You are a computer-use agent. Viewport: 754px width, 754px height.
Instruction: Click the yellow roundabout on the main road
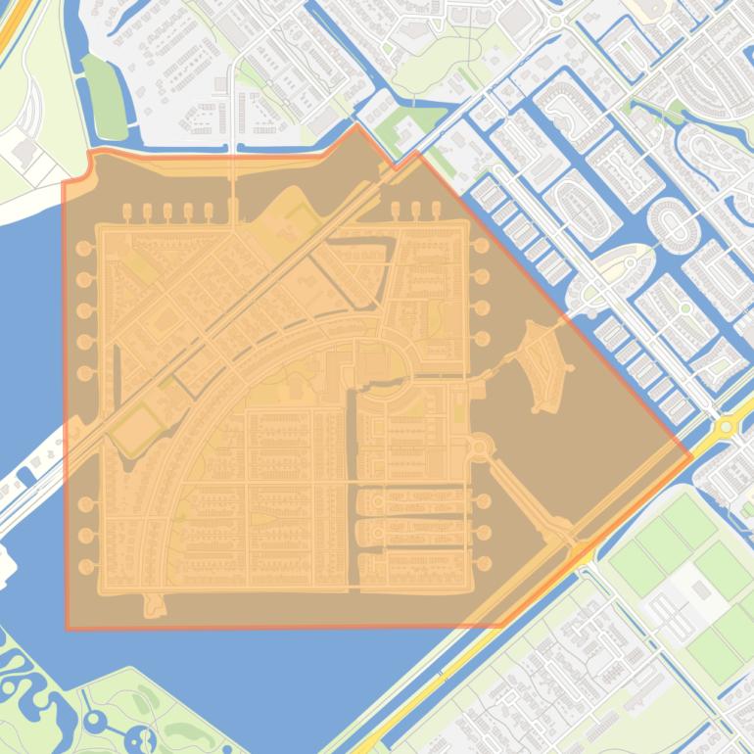tap(726, 425)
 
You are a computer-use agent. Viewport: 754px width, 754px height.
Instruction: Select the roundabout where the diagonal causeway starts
tap(481, 449)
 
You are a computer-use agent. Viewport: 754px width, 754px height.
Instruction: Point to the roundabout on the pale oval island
tap(633, 261)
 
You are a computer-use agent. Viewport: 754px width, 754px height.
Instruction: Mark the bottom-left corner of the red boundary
tap(68, 627)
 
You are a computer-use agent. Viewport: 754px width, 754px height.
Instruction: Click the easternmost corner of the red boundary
tap(691, 455)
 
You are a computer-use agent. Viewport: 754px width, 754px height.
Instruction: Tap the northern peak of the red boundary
tap(357, 125)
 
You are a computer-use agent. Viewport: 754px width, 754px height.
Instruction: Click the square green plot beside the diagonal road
tap(135, 429)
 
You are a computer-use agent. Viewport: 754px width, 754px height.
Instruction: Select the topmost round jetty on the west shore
tap(84, 249)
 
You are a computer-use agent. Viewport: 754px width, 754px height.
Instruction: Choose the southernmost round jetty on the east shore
tap(483, 563)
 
